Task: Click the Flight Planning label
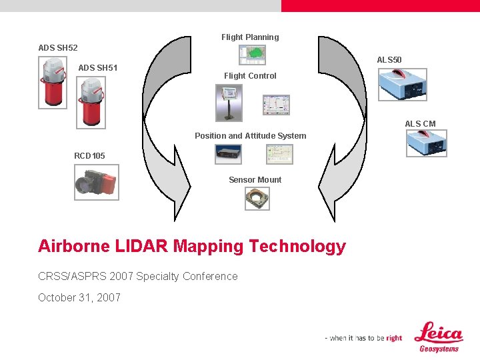click(x=250, y=37)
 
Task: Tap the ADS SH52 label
click(x=58, y=48)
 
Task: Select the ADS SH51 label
click(x=98, y=67)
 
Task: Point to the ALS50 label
click(x=389, y=60)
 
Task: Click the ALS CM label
click(x=420, y=124)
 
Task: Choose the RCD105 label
click(x=89, y=156)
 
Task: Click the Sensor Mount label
click(x=255, y=180)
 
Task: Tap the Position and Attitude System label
click(x=251, y=136)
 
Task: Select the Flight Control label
click(x=250, y=76)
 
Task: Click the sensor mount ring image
click(x=257, y=198)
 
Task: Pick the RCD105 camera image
click(x=97, y=182)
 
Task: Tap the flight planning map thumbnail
click(x=253, y=55)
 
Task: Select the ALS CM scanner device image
click(x=426, y=143)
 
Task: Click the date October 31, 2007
click(x=79, y=298)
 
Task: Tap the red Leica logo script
click(x=438, y=333)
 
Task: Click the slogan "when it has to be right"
click(x=364, y=338)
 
